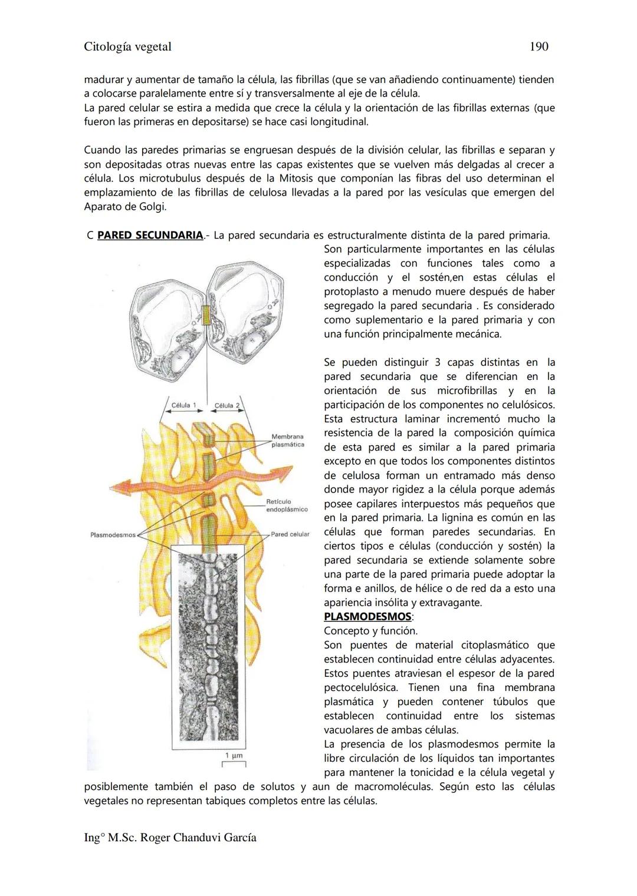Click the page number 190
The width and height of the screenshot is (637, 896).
tap(539, 47)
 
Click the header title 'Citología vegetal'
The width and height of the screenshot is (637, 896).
tap(127, 47)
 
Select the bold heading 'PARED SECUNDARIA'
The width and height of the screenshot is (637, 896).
tap(150, 235)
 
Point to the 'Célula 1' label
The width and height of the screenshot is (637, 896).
tap(184, 405)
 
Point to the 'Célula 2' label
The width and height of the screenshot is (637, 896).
tap(227, 405)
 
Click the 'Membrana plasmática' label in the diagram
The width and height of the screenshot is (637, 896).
tap(287, 441)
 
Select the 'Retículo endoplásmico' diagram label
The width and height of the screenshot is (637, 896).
tap(287, 505)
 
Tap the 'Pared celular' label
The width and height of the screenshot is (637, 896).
tap(290, 534)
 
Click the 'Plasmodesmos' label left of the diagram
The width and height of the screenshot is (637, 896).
tap(112, 535)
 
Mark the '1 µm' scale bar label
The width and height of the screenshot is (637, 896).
tap(234, 756)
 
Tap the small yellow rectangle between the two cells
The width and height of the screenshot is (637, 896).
tap(206, 316)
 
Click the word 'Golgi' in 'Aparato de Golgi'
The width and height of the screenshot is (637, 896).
tap(153, 207)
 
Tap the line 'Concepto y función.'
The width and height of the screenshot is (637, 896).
tap(370, 631)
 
